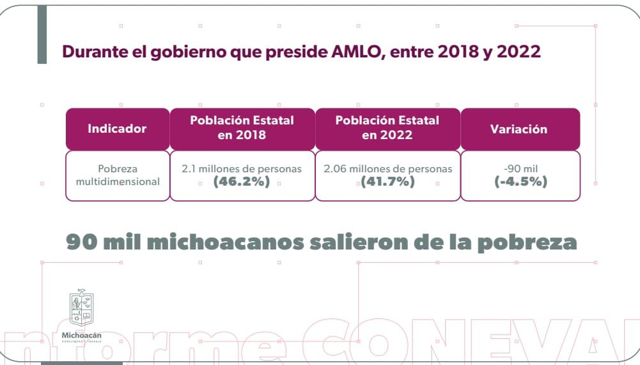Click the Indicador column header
pyautogui.click(x=117, y=128)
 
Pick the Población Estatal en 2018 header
pyautogui.click(x=242, y=128)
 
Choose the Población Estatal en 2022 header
pyautogui.click(x=387, y=128)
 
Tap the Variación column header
pyautogui.click(x=519, y=129)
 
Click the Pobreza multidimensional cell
pyautogui.click(x=118, y=175)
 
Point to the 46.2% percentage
pyautogui.click(x=242, y=182)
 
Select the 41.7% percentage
pyautogui.click(x=387, y=182)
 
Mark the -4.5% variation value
pyautogui.click(x=520, y=182)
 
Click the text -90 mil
pyautogui.click(x=520, y=169)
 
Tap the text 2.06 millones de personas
pyautogui.click(x=387, y=169)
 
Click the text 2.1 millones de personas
pyautogui.click(x=242, y=169)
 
